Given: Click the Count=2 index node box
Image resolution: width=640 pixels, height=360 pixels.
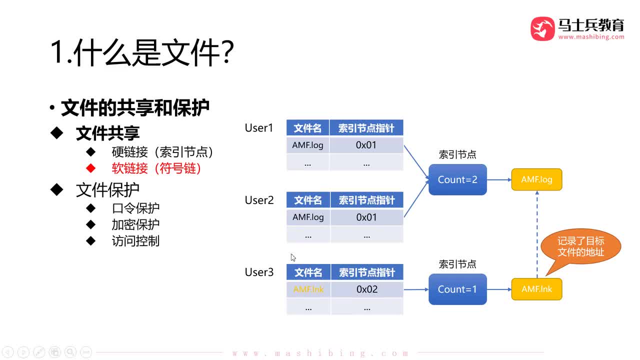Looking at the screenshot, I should [457, 179].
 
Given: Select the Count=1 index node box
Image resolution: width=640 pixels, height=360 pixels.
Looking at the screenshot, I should [457, 289].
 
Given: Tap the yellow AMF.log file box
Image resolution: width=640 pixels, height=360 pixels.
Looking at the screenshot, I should [536, 179].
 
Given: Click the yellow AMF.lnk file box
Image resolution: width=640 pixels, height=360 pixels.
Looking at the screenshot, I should [536, 289].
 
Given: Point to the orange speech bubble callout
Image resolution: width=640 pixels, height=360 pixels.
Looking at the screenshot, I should [580, 247].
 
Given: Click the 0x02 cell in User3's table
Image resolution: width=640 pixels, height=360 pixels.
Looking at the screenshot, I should [366, 289].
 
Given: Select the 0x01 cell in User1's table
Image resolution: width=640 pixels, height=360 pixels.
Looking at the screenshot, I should [366, 145].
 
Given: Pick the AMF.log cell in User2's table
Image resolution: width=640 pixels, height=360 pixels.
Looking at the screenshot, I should [308, 217].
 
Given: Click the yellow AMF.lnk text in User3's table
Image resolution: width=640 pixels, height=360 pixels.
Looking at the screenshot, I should [308, 289].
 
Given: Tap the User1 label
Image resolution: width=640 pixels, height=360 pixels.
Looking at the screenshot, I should [259, 128].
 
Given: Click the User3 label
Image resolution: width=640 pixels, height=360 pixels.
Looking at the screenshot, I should [259, 272].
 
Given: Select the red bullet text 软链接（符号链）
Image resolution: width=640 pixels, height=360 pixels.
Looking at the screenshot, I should [156, 168].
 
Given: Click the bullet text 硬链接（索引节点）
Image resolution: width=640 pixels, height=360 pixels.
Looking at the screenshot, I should [162, 152].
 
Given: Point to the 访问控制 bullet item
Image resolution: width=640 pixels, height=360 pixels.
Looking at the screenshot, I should [135, 241].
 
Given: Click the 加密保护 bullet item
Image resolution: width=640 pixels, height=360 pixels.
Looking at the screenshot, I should [135, 224].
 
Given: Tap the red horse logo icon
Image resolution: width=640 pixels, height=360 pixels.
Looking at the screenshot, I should [542, 28].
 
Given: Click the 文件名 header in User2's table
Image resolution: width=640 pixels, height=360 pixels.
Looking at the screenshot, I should [308, 200].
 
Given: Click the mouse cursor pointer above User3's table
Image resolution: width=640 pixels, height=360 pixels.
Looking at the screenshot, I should [293, 257].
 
